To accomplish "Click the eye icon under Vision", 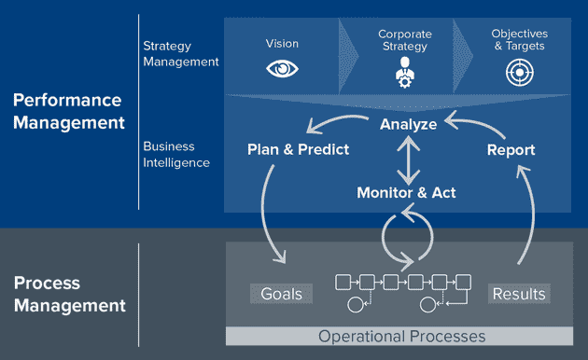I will [x=282, y=69].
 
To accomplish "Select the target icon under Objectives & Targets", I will [x=520, y=72].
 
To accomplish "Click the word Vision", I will [x=282, y=42].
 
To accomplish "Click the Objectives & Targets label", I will [x=520, y=41].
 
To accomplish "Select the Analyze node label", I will [x=408, y=123].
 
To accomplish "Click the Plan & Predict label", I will [x=299, y=149].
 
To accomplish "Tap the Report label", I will [x=511, y=149].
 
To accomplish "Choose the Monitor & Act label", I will [x=407, y=193].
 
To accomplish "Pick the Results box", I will [x=518, y=294].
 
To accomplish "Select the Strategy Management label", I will [x=181, y=53].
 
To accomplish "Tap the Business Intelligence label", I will [x=177, y=154].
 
